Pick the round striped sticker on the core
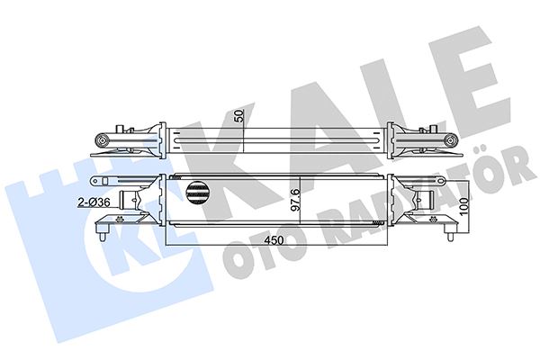click(x=199, y=190)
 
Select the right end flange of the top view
click(x=382, y=141)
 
